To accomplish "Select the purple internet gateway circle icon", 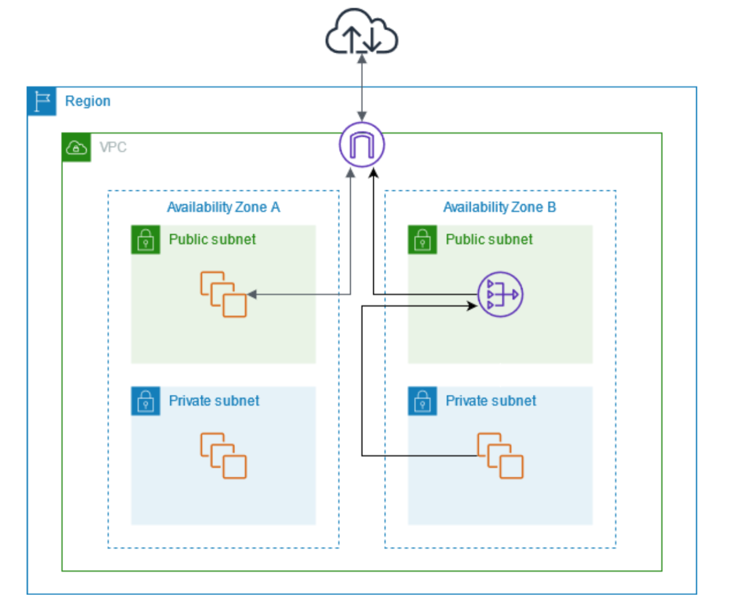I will [361, 145].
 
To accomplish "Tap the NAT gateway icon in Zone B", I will [500, 294].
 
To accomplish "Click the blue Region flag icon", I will [41, 101].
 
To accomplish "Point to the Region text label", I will [87, 101].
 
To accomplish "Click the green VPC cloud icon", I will [76, 147].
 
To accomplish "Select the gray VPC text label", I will [113, 147].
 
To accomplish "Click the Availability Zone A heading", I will [223, 207].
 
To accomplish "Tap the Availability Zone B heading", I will [499, 207].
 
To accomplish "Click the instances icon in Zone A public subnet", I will [223, 294].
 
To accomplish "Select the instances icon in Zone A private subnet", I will [223, 456].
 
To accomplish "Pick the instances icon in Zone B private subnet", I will [500, 456].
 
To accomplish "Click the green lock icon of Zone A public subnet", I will [145, 239].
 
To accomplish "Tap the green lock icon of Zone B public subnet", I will [422, 239].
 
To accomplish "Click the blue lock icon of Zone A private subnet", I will [145, 401].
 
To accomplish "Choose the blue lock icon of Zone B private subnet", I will [422, 401].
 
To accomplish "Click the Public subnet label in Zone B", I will [489, 239].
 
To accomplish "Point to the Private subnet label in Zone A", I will [214, 401].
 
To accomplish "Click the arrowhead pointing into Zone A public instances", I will [251, 294].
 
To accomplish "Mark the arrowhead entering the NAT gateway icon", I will [472, 306].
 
